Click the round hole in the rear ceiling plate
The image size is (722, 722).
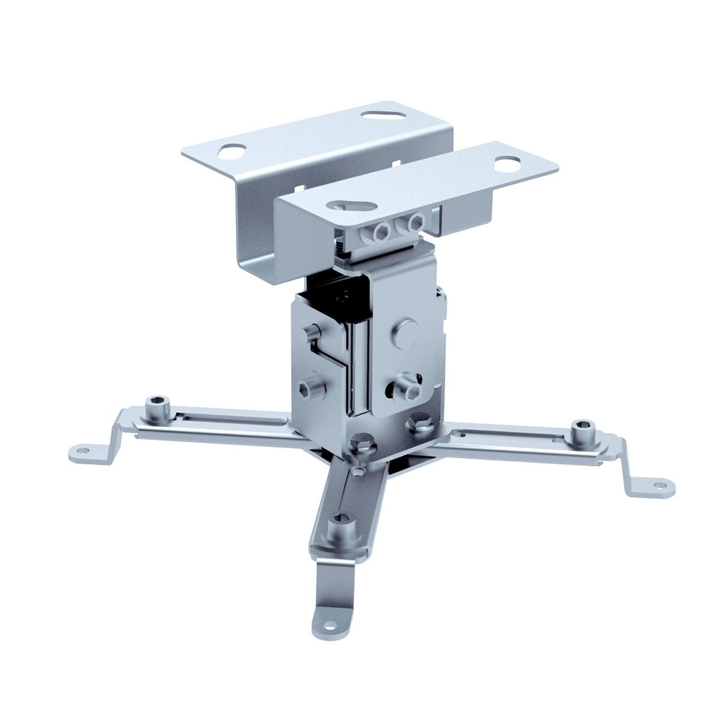pos(231,151)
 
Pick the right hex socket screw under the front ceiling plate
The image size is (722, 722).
pos(414,224)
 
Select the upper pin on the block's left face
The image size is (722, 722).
pos(312,331)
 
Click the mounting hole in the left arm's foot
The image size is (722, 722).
pos(82,448)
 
